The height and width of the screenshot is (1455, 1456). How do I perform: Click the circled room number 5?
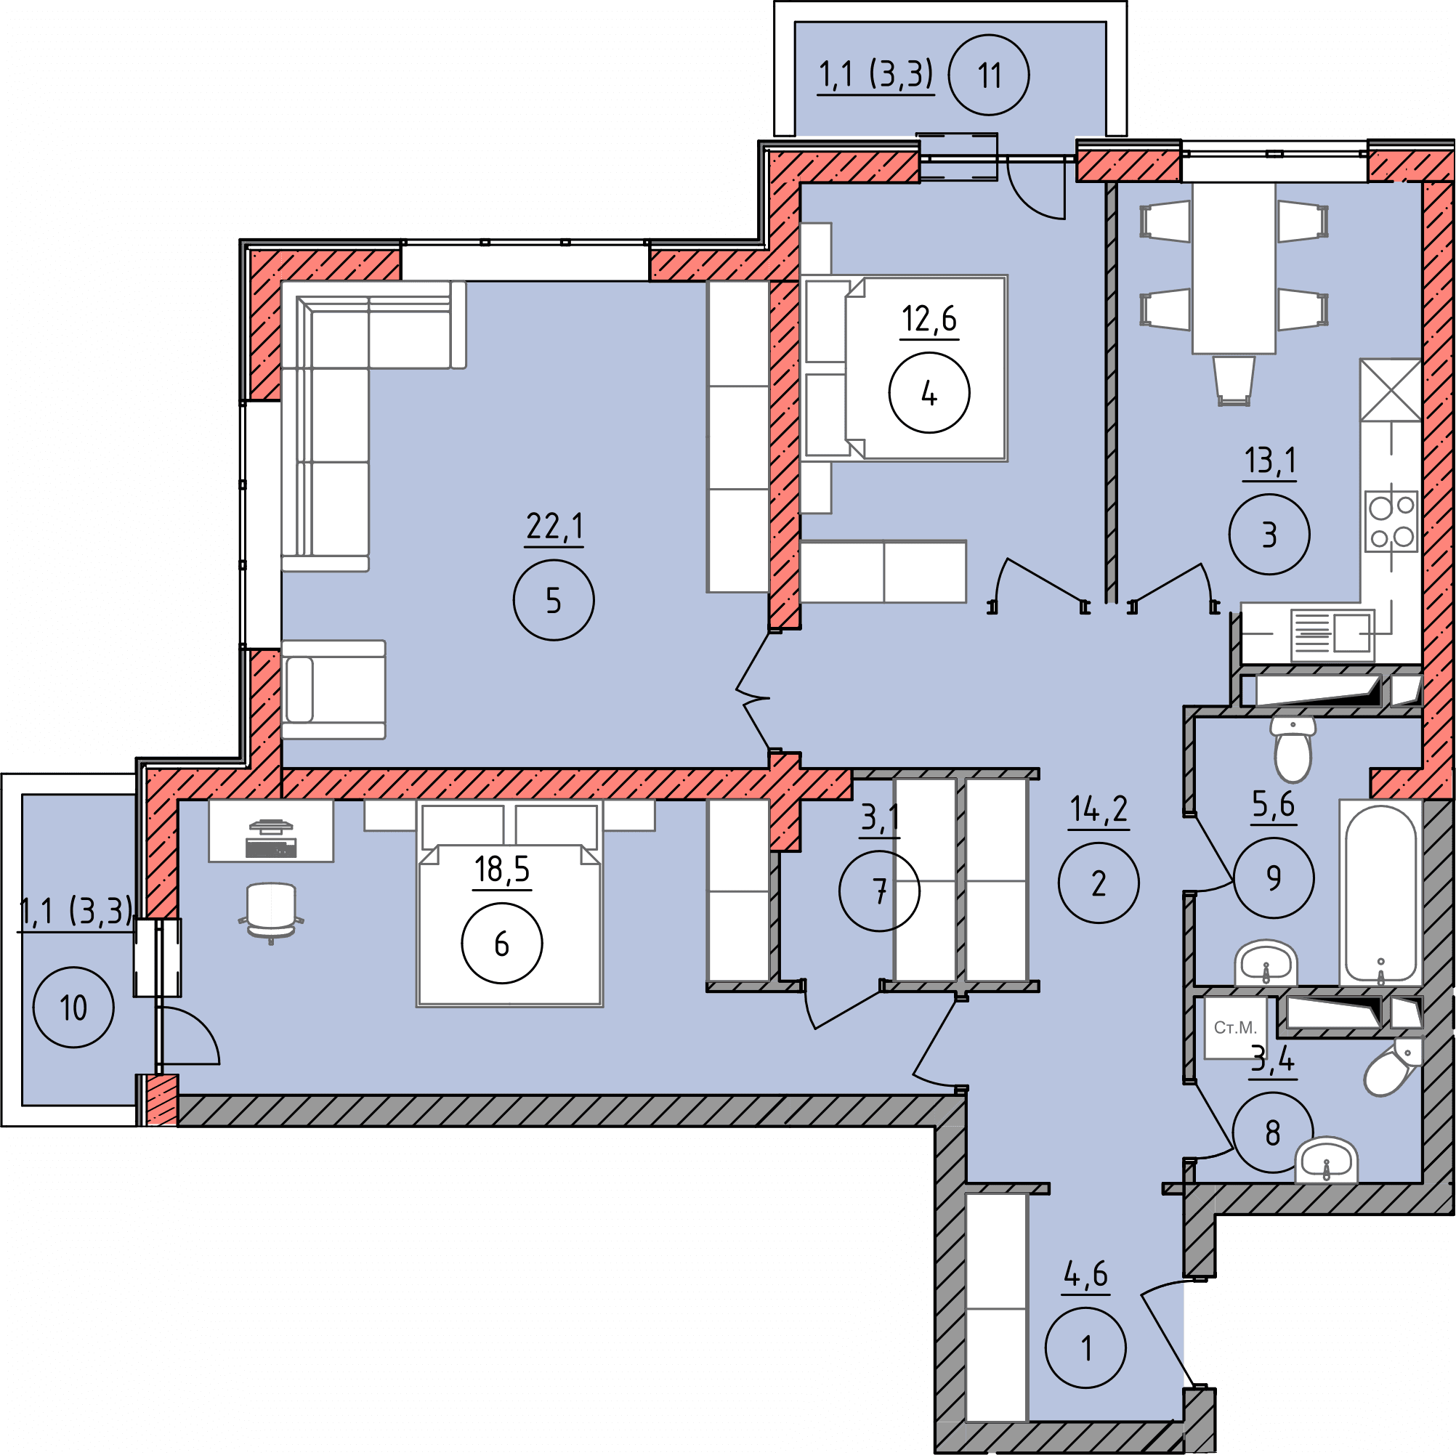coord(553,601)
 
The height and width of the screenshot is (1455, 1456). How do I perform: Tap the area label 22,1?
coord(554,526)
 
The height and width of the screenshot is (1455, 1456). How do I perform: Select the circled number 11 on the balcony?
coord(989,76)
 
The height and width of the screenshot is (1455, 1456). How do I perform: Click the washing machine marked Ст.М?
coord(1235,1028)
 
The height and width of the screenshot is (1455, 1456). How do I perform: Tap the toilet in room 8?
coord(1392,1069)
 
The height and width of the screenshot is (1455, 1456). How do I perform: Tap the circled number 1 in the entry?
coord(1086,1347)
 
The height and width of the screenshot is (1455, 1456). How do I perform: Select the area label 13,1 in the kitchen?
coord(1270,459)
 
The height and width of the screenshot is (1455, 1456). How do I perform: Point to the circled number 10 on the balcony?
coord(74,1008)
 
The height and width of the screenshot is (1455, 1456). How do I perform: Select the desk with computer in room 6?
coord(270,830)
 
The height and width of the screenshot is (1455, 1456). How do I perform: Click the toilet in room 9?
coord(1293,748)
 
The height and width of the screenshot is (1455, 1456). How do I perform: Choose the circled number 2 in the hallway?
coord(1099,883)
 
